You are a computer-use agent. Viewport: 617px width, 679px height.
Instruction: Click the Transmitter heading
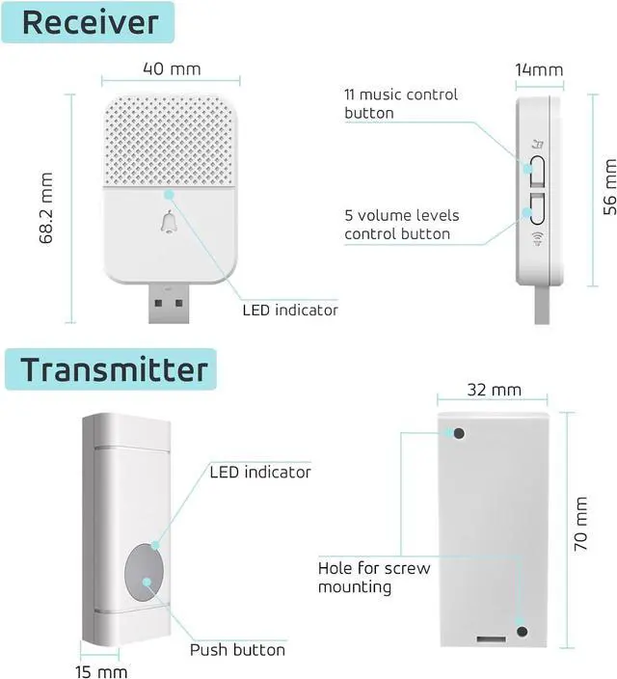(114, 369)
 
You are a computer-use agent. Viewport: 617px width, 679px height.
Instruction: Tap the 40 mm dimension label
(171, 69)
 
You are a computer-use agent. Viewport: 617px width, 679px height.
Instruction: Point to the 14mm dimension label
(539, 70)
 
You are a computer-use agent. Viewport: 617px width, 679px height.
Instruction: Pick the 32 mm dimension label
(493, 390)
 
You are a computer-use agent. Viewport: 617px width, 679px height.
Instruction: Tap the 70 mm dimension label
(580, 524)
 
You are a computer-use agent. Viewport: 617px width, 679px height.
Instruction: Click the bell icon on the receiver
(171, 225)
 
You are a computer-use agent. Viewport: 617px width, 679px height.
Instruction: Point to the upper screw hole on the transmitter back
(459, 433)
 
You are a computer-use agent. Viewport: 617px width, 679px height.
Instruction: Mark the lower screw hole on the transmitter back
(523, 632)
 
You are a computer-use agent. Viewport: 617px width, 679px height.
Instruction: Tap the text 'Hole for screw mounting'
(374, 577)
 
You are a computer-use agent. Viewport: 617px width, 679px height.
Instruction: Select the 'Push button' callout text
(237, 649)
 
